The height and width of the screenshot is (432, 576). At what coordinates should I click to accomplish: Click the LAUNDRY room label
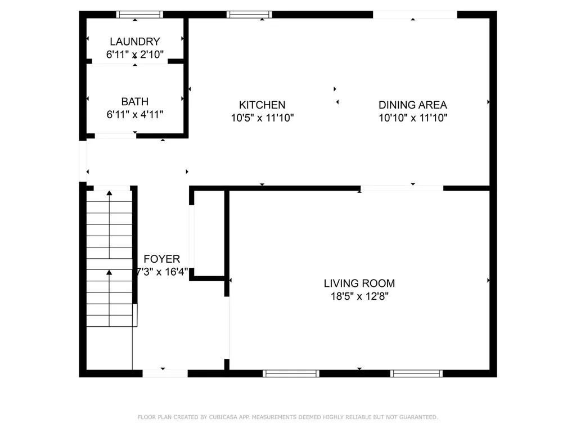(135, 42)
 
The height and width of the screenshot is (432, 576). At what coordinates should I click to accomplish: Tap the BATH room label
(135, 101)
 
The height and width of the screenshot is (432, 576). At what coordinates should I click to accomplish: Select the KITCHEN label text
(262, 105)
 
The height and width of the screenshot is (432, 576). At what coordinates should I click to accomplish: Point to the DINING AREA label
(412, 105)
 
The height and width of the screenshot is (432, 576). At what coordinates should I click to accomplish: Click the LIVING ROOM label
(359, 283)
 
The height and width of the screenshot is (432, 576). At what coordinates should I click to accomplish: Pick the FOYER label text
(161, 259)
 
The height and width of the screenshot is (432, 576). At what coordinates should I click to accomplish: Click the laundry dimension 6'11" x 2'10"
(135, 55)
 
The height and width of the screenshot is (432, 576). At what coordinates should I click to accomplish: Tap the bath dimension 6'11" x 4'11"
(135, 115)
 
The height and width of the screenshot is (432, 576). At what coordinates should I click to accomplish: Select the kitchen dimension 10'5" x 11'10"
(262, 118)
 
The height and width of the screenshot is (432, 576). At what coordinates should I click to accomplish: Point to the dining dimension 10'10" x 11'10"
(413, 118)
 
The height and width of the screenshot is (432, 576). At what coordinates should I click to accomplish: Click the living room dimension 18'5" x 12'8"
(359, 296)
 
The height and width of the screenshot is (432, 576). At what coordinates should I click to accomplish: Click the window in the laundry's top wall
(139, 15)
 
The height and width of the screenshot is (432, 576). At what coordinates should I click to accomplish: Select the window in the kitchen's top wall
(249, 15)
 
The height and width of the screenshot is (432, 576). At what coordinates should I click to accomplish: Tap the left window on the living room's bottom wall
(291, 373)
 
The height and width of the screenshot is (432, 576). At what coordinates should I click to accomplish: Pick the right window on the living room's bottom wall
(417, 373)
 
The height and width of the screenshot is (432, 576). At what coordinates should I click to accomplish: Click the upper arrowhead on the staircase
(109, 193)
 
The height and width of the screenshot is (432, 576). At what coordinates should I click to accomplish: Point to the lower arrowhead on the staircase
(109, 272)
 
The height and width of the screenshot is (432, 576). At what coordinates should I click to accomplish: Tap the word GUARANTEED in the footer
(418, 417)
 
